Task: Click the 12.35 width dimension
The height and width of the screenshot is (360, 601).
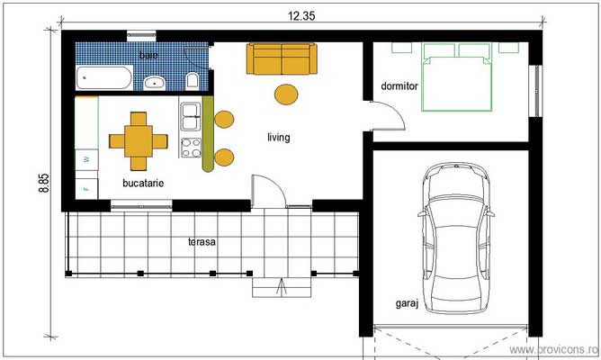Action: point(301,15)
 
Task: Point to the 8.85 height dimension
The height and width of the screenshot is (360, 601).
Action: point(44,184)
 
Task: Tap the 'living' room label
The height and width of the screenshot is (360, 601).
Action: point(279,138)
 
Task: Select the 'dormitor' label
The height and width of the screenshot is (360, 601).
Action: point(399,86)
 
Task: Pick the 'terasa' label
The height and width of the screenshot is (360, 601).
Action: point(202,242)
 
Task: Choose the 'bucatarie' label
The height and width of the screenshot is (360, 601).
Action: point(143,184)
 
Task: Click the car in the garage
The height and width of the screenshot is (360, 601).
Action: point(456,238)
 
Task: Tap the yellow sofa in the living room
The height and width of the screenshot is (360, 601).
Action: point(282,58)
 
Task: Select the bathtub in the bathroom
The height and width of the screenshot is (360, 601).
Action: point(104,77)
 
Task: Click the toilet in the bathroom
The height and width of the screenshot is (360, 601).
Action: point(192,81)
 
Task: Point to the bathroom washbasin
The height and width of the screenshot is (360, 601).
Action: point(155,83)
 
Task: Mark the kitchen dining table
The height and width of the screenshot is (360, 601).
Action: point(139,141)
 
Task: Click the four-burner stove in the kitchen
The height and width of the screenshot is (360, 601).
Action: point(191,148)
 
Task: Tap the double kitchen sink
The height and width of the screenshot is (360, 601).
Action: point(191,116)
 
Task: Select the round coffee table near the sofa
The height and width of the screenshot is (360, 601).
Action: point(286,94)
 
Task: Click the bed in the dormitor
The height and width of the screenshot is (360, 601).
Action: point(456,77)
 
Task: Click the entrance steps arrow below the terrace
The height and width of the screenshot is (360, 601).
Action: point(282,288)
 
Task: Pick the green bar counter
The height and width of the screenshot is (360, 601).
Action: point(208,134)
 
